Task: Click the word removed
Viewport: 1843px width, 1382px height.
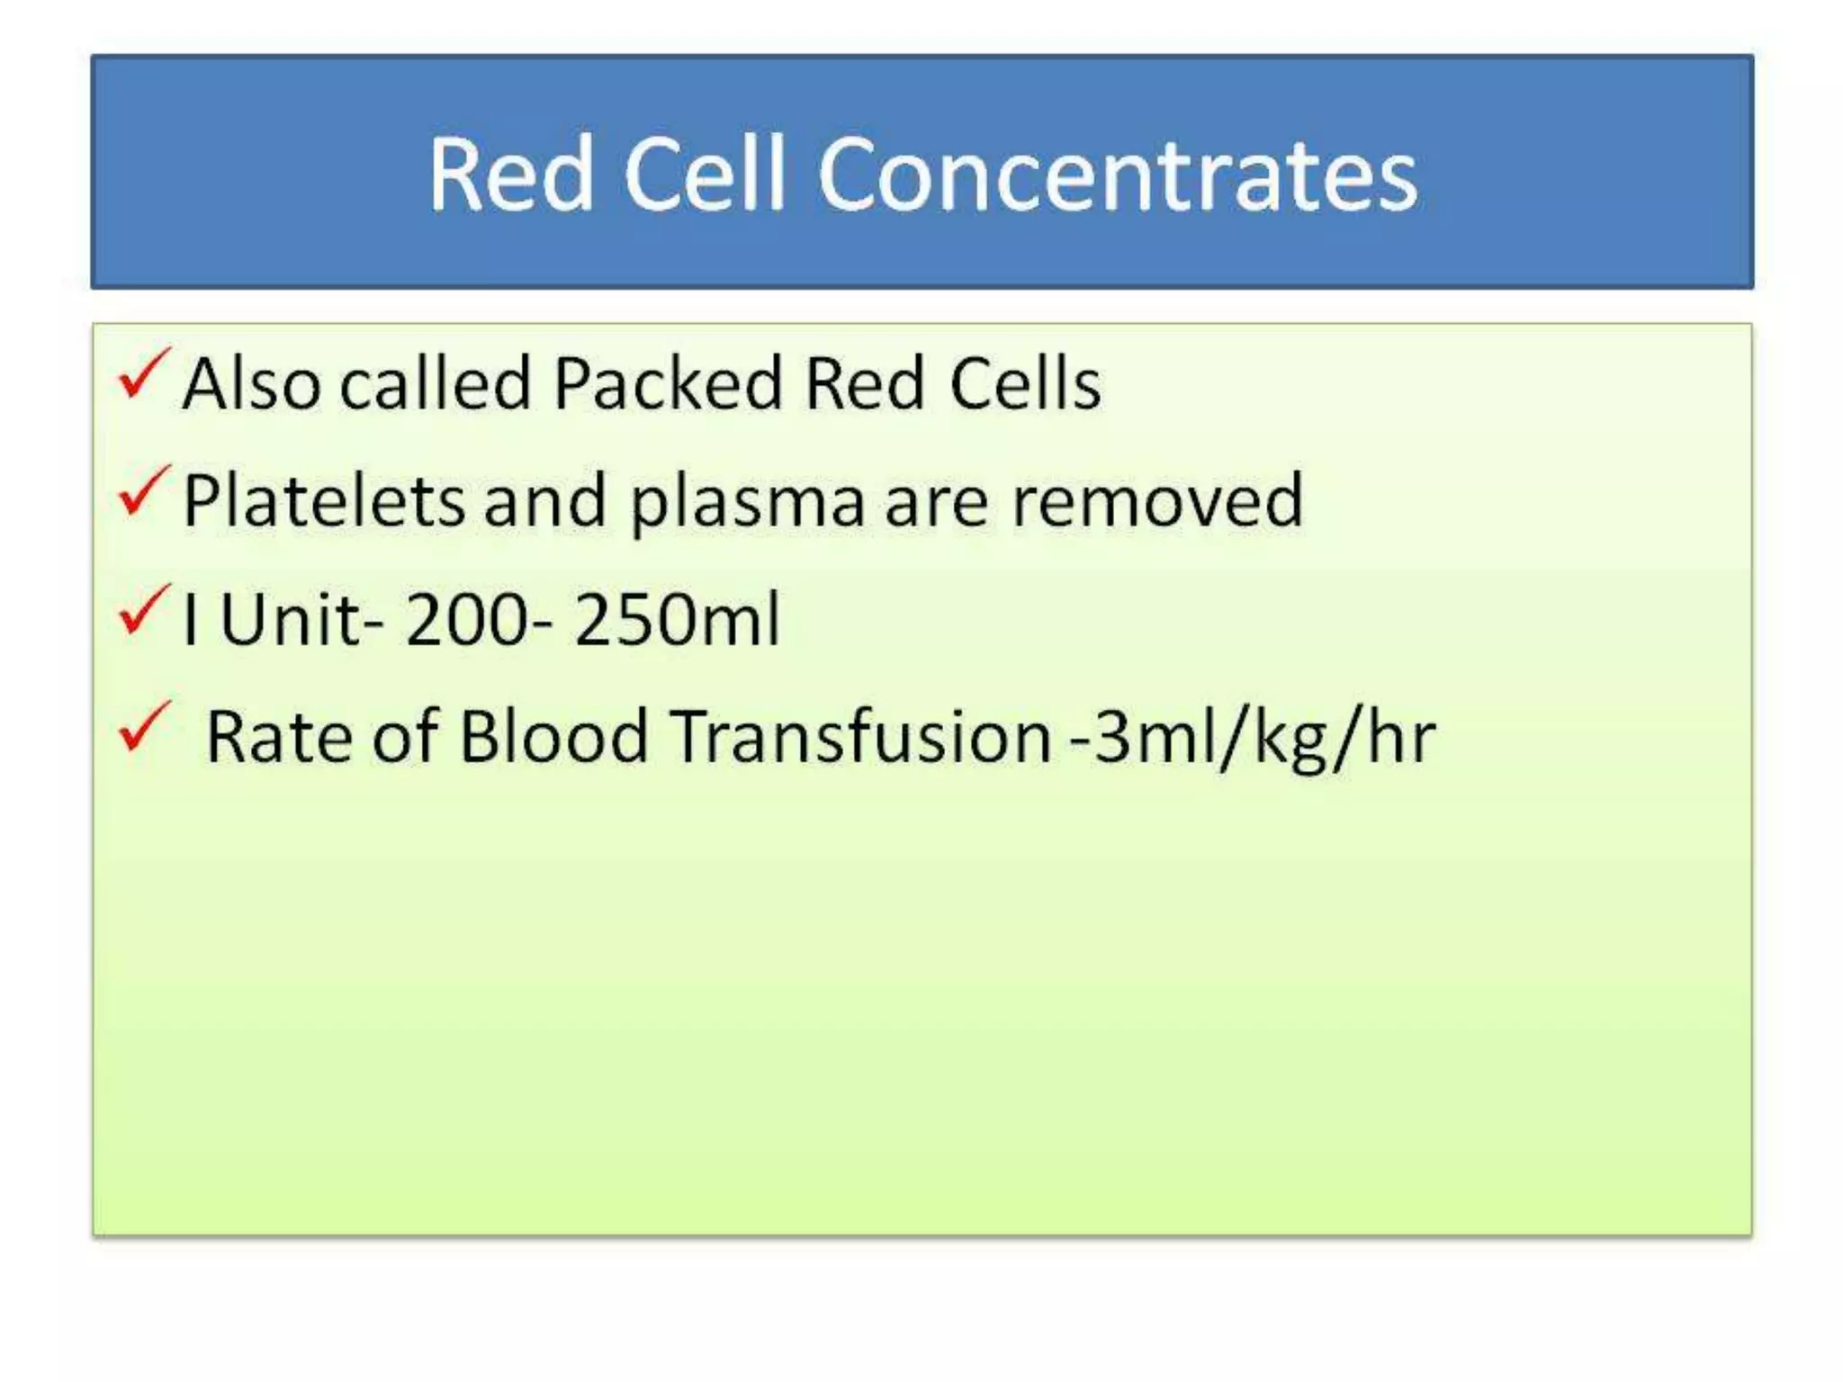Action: coord(1157,501)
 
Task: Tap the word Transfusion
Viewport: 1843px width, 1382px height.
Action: coord(861,737)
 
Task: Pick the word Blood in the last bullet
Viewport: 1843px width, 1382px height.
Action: coord(553,737)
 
